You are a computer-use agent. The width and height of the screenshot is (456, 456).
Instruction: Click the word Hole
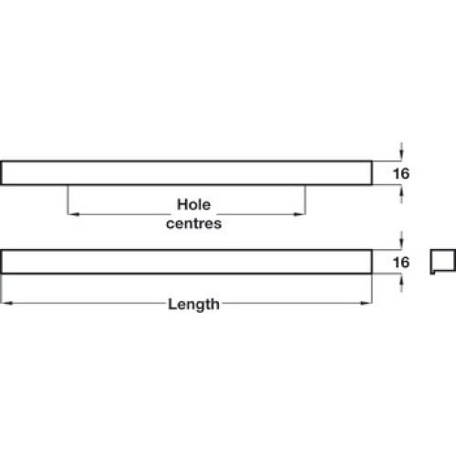coord(193,204)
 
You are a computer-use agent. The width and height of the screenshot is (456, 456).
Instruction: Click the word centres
coord(194,223)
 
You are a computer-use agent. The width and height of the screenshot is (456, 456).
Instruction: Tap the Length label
coord(193,304)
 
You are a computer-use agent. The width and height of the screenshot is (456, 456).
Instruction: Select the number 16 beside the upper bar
coord(401,173)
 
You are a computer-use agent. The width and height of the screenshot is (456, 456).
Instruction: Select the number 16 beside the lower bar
coord(401,263)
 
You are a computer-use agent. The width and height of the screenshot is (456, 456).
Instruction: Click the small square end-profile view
coord(443,262)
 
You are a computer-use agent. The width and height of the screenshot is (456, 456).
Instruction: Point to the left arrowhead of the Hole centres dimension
coord(74,214)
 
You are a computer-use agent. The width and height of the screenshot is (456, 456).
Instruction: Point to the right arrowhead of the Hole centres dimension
coord(299,214)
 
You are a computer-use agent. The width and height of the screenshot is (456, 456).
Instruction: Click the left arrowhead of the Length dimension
coord(6,303)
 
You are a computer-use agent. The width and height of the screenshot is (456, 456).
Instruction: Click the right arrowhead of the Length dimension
coord(366,303)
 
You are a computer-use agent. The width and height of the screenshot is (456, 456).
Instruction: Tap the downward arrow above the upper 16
coord(401,151)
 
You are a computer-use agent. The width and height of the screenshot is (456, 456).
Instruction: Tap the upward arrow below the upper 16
coord(401,194)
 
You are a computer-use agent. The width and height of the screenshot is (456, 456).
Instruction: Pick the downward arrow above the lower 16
coord(401,240)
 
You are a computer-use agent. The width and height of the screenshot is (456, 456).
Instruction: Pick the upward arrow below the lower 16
coord(401,283)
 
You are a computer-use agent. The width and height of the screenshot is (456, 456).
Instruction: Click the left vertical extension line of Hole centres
coord(67,200)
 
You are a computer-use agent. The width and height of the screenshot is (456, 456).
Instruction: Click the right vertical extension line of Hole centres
coord(306,200)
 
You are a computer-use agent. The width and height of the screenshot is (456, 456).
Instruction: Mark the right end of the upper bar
coord(372,172)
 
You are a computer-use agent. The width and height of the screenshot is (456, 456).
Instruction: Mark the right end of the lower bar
coord(372,262)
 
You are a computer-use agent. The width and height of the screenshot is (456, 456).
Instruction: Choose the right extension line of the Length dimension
coord(372,289)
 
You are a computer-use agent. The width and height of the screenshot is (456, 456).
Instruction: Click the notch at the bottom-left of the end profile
coord(432,273)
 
